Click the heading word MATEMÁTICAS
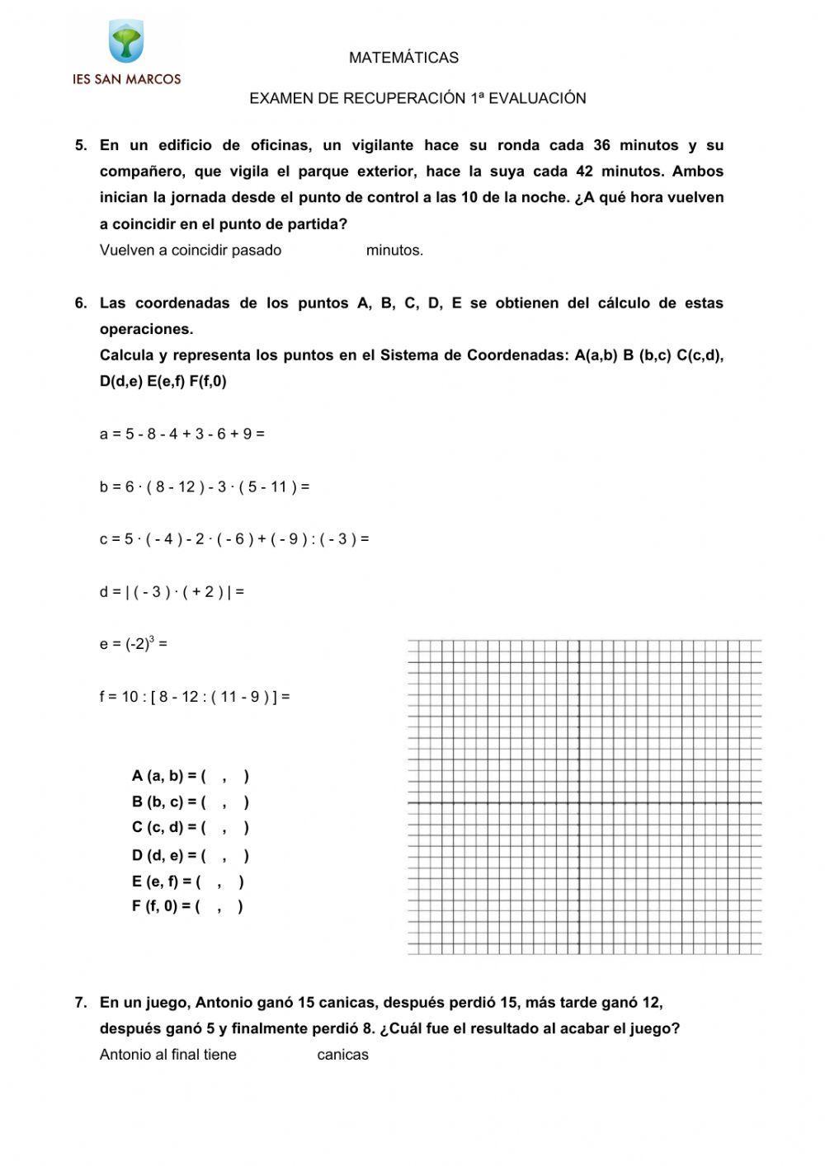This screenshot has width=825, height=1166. tap(403, 58)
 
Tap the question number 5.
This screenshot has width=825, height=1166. tap(81, 146)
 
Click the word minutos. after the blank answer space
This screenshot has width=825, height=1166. tap(394, 251)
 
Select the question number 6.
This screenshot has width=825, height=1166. tap(81, 303)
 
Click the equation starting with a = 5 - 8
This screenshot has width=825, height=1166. tap(181, 434)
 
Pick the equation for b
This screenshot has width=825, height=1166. tap(204, 487)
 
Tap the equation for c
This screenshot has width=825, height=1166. tap(234, 539)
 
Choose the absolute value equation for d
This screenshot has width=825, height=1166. tap(172, 592)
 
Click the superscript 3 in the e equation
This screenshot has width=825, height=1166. tap(152, 639)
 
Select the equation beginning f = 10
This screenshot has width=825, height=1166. tap(195, 697)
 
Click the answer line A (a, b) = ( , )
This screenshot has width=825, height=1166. tap(190, 776)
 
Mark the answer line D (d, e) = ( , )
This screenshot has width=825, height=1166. tap(190, 856)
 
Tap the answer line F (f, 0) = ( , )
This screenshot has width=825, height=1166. tap(187, 907)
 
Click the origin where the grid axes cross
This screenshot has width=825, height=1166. tap(579, 802)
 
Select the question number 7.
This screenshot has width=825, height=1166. tap(81, 1004)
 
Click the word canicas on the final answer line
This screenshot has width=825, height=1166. tap(342, 1056)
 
